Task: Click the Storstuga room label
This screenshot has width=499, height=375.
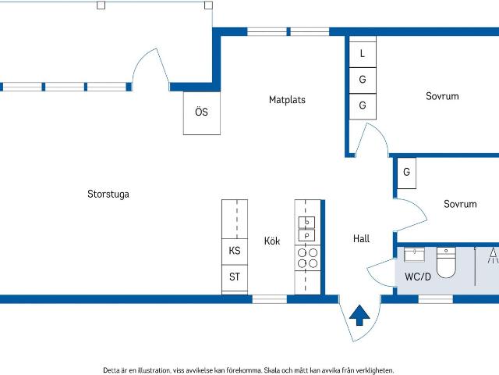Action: pyautogui.click(x=108, y=195)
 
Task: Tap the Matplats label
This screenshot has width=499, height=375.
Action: pyautogui.click(x=287, y=100)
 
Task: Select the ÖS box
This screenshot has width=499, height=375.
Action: pyautogui.click(x=202, y=113)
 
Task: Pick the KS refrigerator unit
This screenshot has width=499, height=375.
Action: pyautogui.click(x=235, y=252)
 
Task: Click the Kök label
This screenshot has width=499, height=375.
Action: pyautogui.click(x=272, y=241)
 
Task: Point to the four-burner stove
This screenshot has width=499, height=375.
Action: pyautogui.click(x=307, y=258)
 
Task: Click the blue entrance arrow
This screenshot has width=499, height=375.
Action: pyautogui.click(x=359, y=315)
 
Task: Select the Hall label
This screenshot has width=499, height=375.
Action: pyautogui.click(x=361, y=238)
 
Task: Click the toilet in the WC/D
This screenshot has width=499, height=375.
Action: pyautogui.click(x=446, y=262)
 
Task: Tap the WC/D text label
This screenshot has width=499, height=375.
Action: pyautogui.click(x=418, y=277)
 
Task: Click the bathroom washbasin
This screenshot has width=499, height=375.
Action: pyautogui.click(x=414, y=255)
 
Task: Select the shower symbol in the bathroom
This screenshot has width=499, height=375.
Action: pyautogui.click(x=494, y=255)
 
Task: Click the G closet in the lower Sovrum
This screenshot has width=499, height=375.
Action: pyautogui.click(x=406, y=173)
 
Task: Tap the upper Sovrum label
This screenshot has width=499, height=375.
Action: pyautogui.click(x=442, y=96)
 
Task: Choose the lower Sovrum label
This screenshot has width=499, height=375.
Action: pyautogui.click(x=460, y=204)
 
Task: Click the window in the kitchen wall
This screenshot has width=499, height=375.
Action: pyautogui.click(x=270, y=299)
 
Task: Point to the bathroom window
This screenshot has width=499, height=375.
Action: pyautogui.click(x=435, y=299)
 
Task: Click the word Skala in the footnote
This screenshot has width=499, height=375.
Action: pyautogui.click(x=272, y=370)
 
